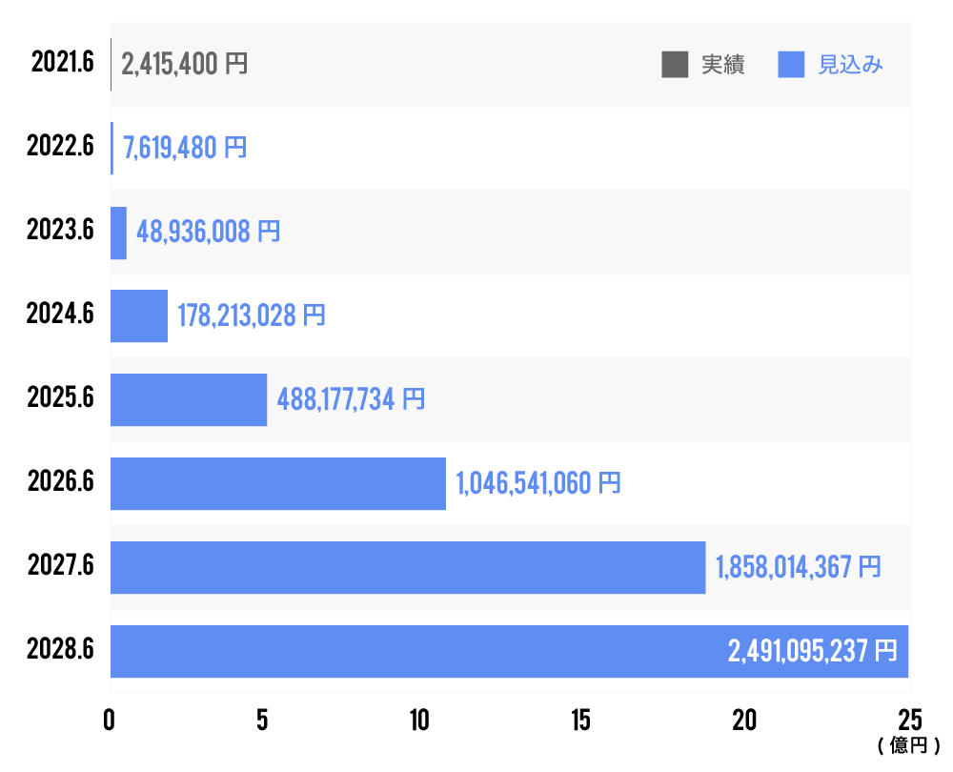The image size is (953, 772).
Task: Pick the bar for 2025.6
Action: pyautogui.click(x=189, y=399)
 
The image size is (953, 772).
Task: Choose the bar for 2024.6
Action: pyautogui.click(x=139, y=315)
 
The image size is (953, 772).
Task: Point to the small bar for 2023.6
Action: pyautogui.click(x=118, y=233)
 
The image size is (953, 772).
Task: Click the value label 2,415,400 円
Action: pyautogui.click(x=185, y=65)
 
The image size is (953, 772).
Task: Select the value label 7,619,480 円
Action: pyautogui.click(x=185, y=148)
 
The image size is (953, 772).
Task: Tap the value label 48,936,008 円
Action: pyautogui.click(x=209, y=232)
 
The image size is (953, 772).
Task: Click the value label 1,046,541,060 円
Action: pyautogui.click(x=538, y=483)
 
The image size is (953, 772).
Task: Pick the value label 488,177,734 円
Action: pyautogui.click(x=351, y=399)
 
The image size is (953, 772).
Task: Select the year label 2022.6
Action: pyautogui.click(x=61, y=148)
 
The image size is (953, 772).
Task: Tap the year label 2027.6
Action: pyautogui.click(x=61, y=566)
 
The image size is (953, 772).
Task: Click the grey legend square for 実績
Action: pyautogui.click(x=675, y=65)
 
